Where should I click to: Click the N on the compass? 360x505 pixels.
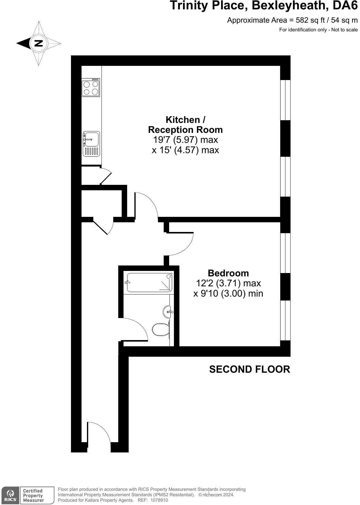pos(39,43)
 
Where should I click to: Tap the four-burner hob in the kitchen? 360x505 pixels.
pos(91,88)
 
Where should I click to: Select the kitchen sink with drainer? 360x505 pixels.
pos(91,144)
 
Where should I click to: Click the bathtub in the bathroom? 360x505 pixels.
pos(149,282)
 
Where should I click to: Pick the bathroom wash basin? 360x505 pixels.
pos(168,312)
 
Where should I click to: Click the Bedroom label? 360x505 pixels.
pos(228,273)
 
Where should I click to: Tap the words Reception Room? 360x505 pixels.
pos(185,130)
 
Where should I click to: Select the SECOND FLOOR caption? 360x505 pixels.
pos(249,369)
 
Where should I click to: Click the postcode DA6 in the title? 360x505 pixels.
pos(345,5)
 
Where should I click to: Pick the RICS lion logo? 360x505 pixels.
pos(10,494)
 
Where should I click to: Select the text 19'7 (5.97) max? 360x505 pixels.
pos(185,140)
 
